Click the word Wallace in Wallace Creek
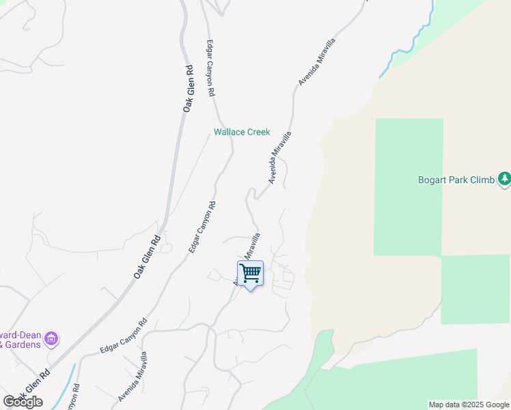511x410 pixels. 229,132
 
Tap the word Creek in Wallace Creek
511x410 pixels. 258,132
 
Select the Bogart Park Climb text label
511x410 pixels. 456,180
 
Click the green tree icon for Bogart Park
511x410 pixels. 504,179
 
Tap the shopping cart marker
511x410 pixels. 250,274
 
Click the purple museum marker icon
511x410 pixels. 52,338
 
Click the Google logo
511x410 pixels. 23,401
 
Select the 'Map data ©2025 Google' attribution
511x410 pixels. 469,405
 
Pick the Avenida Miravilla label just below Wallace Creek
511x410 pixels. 280,157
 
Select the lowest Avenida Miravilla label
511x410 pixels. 132,376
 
